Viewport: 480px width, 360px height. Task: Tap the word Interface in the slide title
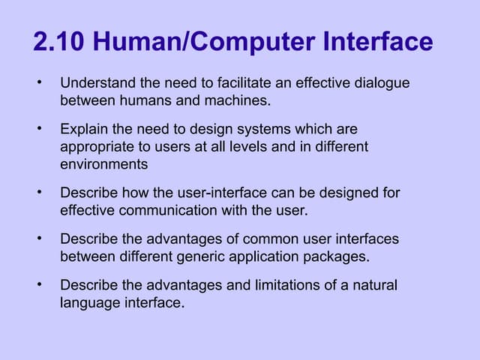click(x=380, y=42)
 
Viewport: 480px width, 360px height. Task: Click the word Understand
click(x=96, y=82)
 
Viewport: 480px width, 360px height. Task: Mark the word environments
click(x=104, y=163)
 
